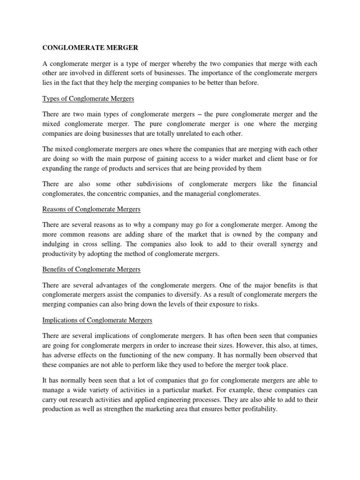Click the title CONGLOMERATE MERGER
pyautogui.click(x=88, y=47)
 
